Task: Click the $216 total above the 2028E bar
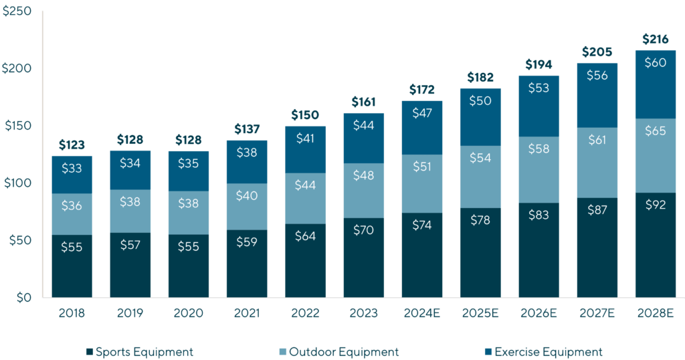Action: click(656, 39)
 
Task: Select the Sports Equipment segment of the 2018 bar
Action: click(72, 266)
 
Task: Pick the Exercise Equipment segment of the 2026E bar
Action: click(539, 106)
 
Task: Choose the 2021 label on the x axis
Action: click(246, 314)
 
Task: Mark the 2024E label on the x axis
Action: click(422, 314)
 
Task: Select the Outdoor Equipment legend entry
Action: click(338, 352)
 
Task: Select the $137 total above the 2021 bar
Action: click(246, 129)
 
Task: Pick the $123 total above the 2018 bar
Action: click(72, 145)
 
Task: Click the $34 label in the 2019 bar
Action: click(130, 163)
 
